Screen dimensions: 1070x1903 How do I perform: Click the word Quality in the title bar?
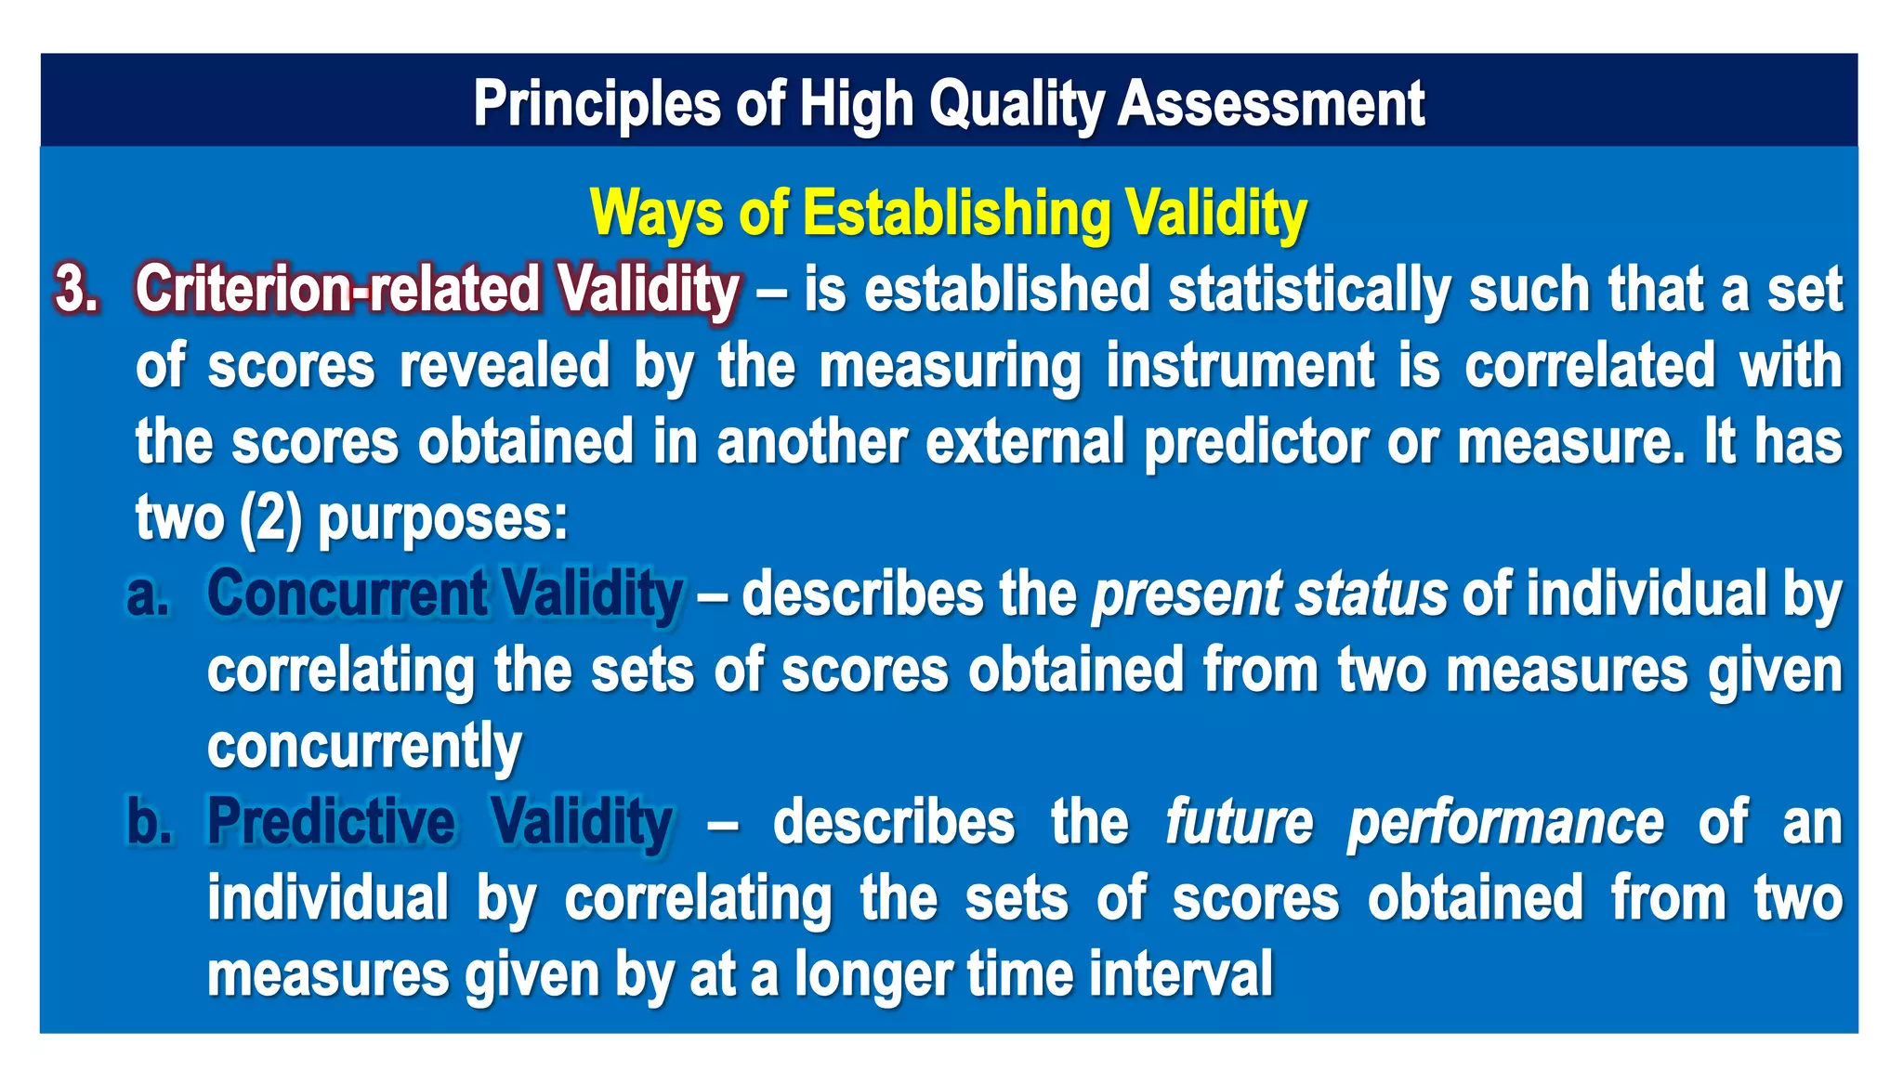pos(1015,103)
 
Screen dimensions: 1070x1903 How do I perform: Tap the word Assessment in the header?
pos(1270,103)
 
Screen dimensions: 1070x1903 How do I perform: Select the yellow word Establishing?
pos(957,214)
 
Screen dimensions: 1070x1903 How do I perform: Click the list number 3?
pos(76,289)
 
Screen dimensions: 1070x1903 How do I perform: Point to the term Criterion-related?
pos(337,289)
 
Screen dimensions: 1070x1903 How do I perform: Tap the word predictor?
pos(1255,442)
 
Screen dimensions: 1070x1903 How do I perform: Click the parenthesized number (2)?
pos(270,518)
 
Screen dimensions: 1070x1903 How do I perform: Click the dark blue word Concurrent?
pos(347,594)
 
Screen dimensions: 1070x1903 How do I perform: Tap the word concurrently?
pos(363,747)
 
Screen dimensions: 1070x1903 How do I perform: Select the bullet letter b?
pos(149,822)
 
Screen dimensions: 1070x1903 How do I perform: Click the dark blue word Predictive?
pos(331,822)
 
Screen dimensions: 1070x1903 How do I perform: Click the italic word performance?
pos(1505,823)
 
